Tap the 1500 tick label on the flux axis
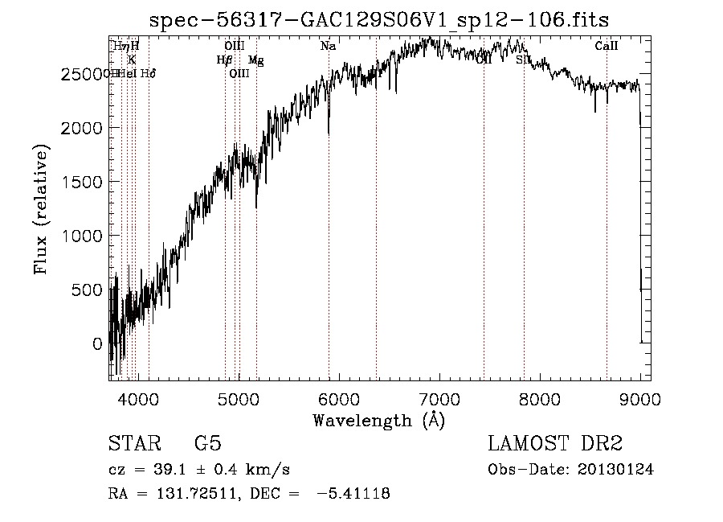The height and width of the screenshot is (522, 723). (82, 182)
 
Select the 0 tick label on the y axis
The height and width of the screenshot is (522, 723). (98, 344)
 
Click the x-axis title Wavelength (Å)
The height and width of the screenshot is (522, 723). (378, 420)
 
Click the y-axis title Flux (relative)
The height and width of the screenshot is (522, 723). (40, 209)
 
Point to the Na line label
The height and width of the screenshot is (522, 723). (328, 47)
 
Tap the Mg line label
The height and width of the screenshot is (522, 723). (255, 60)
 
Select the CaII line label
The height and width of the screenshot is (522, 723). (606, 47)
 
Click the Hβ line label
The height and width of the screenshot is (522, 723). (224, 60)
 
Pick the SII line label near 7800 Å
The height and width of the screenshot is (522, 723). (523, 60)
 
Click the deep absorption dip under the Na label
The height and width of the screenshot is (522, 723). (328, 129)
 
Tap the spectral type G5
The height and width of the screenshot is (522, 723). (207, 443)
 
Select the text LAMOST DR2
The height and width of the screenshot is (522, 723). (555, 443)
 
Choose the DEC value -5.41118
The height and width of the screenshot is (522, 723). (353, 494)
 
